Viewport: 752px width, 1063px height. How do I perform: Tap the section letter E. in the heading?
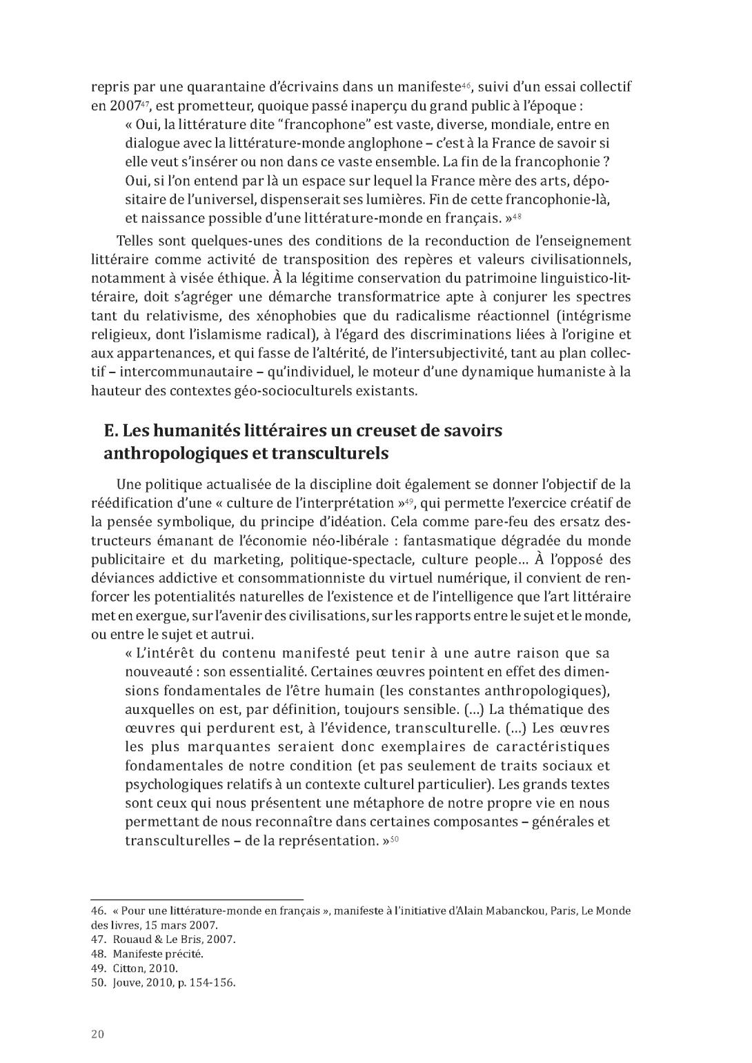click(111, 430)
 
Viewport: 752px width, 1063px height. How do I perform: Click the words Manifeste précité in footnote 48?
click(158, 954)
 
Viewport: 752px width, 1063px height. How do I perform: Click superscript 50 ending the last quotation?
click(395, 839)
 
